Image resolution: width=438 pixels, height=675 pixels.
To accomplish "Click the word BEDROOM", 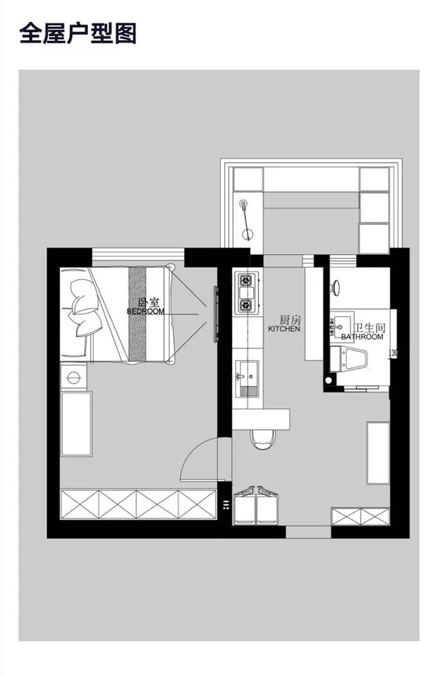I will coord(145,312).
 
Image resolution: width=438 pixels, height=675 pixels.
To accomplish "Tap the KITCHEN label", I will coord(284,330).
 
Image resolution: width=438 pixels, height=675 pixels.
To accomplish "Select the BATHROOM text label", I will coord(363,337).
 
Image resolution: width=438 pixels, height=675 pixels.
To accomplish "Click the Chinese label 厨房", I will coord(290,320).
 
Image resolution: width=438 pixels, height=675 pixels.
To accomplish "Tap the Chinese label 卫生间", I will coord(367,326).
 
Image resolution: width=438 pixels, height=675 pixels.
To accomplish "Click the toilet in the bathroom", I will coord(355,361).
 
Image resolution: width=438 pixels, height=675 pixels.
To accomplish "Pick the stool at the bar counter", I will coord(261,440).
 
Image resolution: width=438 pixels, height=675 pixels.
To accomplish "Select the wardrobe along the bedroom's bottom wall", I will coord(138,503).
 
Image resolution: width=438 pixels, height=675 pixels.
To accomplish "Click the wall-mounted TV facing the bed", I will coord(215,312).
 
